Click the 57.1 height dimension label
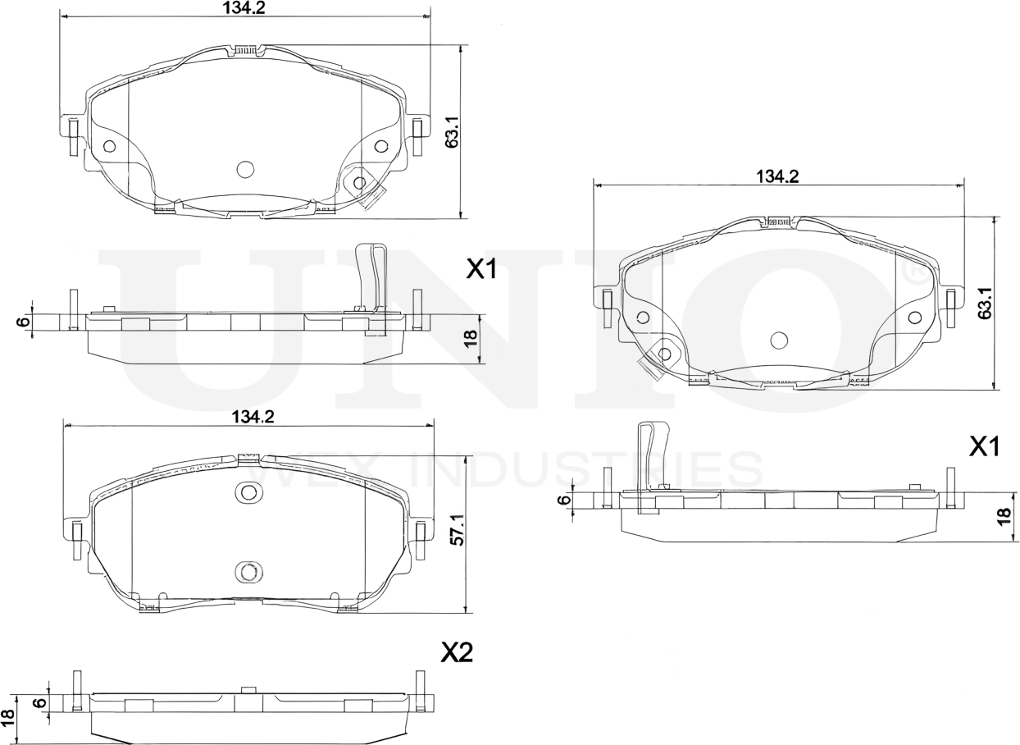click(x=458, y=531)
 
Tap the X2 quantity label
click(x=457, y=652)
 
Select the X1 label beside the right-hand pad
click(x=984, y=446)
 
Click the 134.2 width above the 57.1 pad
click(x=251, y=417)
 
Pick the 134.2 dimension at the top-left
click(x=244, y=8)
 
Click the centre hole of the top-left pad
click(x=245, y=169)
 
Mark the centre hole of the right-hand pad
click(x=779, y=340)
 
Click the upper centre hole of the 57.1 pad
click(x=248, y=492)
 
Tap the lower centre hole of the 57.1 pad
click(x=248, y=572)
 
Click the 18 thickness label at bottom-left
click(x=9, y=715)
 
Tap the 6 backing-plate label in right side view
click(x=563, y=500)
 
